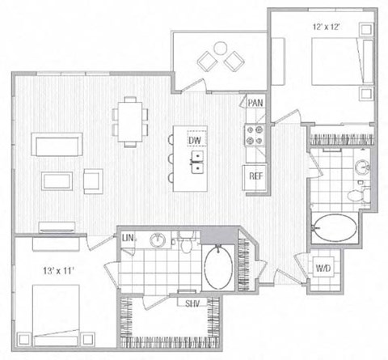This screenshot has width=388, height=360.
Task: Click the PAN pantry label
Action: point(256,103)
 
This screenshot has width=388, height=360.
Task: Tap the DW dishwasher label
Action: point(195,141)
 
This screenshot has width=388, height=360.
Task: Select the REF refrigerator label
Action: point(255,176)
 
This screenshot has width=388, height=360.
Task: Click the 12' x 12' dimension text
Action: point(329,27)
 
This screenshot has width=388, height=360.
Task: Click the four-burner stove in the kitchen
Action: point(255,135)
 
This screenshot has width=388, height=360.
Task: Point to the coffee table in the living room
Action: point(57,179)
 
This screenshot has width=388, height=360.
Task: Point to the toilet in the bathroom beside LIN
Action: point(186,243)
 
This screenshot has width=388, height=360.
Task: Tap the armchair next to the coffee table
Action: point(92,179)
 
